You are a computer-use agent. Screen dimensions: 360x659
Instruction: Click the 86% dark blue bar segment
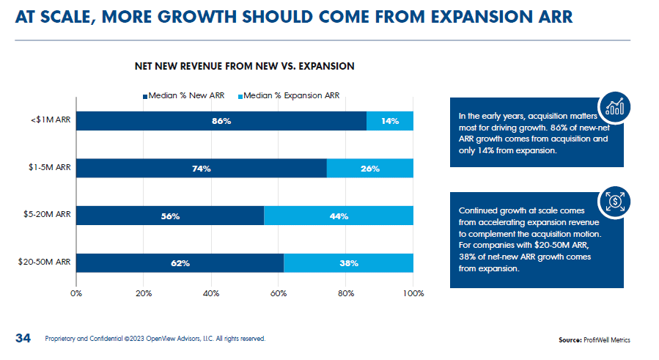pos(221,121)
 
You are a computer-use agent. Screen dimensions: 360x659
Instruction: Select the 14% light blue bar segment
pos(390,121)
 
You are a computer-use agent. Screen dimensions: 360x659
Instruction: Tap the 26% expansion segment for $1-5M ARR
pos(370,169)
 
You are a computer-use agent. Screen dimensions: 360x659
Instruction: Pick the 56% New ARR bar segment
pos(170,216)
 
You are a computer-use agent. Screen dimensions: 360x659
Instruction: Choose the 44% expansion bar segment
pos(339,216)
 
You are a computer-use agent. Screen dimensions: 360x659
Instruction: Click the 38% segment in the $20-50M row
pos(348,262)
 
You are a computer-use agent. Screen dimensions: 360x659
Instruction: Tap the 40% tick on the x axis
pos(211,293)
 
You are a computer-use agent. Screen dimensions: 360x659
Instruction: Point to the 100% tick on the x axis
pos(413,293)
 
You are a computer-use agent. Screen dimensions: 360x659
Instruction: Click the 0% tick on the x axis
pos(76,293)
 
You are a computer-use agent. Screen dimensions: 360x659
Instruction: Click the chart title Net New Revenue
pos(244,66)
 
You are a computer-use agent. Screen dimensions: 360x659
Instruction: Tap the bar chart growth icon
pos(614,107)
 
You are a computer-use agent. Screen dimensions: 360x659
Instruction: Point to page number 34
pos(23,338)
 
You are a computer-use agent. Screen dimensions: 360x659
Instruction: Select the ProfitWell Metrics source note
pos(594,339)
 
